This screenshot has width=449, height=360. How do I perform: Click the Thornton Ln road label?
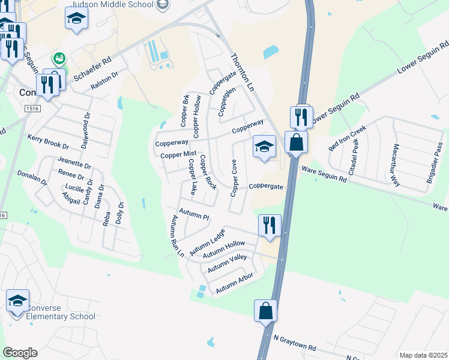[243, 72]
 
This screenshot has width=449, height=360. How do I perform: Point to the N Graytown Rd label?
[294, 343]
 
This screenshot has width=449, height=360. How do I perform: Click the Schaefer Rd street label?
[92, 70]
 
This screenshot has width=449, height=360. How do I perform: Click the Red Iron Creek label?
[347, 139]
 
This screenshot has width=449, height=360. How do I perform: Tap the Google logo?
[20, 353]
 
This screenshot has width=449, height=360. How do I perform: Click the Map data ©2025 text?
[423, 355]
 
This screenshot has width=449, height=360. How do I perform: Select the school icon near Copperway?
[264, 146]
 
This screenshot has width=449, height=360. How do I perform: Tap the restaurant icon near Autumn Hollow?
[269, 225]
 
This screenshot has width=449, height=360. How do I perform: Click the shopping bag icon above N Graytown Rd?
[265, 310]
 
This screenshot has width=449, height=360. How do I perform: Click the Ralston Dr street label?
[105, 82]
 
